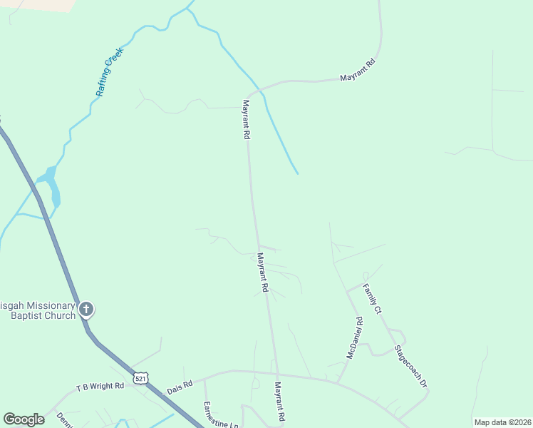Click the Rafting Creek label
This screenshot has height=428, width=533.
pyautogui.click(x=110, y=72)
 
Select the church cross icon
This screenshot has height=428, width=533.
pyautogui.click(x=86, y=310)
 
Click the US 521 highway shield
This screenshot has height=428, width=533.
pyautogui.click(x=140, y=377)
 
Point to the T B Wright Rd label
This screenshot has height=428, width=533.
pyautogui.click(x=100, y=387)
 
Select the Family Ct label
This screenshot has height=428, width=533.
pyautogui.click(x=373, y=300)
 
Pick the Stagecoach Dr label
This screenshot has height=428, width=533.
pyautogui.click(x=410, y=367)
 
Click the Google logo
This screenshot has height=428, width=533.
pyautogui.click(x=24, y=419)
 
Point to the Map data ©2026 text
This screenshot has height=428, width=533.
pyautogui.click(x=502, y=422)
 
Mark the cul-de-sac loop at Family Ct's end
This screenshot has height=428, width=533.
pyautogui.click(x=366, y=275)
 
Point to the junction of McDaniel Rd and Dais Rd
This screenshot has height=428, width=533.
pyautogui.click(x=338, y=382)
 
